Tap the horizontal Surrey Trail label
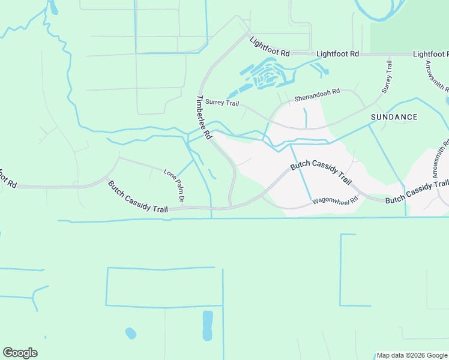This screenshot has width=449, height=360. [x=222, y=103]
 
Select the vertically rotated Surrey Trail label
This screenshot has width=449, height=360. [x=388, y=77]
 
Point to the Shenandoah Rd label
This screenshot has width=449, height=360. [x=317, y=95]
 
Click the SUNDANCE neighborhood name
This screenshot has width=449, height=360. [x=394, y=117]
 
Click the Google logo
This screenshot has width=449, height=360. [x=20, y=353]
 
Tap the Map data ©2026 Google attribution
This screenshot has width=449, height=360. [x=411, y=355]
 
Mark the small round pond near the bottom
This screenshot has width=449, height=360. [x=130, y=332]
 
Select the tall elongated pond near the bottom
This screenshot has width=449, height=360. [x=208, y=325]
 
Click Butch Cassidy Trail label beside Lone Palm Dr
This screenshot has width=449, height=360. [x=137, y=195]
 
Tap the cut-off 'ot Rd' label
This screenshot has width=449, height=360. [x=6, y=177]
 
